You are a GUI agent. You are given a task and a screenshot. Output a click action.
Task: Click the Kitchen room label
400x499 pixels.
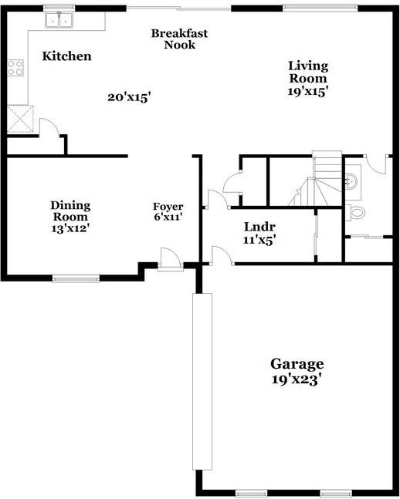pyautogui.click(x=66, y=56)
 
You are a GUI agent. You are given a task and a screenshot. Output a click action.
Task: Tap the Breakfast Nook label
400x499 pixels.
pyautogui.click(x=179, y=39)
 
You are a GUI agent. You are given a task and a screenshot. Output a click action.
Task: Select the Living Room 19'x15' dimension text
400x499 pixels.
pyautogui.click(x=308, y=90)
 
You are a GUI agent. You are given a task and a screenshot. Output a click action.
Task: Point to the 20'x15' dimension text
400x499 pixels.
pyautogui.click(x=128, y=97)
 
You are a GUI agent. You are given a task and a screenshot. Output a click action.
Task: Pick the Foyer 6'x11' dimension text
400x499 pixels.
pyautogui.click(x=168, y=217)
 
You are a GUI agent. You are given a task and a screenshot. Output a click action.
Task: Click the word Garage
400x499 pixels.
pyautogui.click(x=297, y=364)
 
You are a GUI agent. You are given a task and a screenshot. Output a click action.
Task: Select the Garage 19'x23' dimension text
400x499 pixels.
pyautogui.click(x=297, y=379)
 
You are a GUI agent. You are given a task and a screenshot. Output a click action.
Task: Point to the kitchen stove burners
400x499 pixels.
pyautogui.click(x=15, y=67)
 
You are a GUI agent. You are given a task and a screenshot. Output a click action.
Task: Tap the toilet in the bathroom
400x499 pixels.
pyautogui.click(x=357, y=211)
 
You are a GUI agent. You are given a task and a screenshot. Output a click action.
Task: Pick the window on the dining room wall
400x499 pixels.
pyautogui.click(x=76, y=278)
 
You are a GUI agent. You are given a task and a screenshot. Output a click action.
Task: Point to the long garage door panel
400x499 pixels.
pyautogui.click(x=202, y=381)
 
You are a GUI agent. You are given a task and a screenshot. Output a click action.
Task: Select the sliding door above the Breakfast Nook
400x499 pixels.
pyautogui.click(x=178, y=8)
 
